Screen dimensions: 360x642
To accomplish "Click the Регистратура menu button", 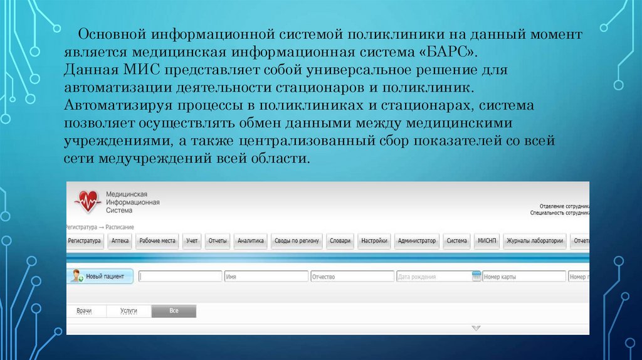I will (x=85, y=241).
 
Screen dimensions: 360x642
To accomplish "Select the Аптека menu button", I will (x=120, y=241).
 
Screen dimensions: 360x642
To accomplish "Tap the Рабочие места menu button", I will (x=158, y=241).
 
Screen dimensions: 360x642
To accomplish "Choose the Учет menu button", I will (x=192, y=241).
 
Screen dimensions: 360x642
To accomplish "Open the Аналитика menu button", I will (x=251, y=241).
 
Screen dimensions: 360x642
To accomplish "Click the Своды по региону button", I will (x=297, y=241).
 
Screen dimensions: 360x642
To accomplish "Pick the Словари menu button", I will (x=340, y=241).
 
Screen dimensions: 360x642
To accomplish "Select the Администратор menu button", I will (x=417, y=241).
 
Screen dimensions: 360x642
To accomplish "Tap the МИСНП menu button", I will (x=487, y=241).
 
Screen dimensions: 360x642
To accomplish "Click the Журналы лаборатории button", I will (x=535, y=241).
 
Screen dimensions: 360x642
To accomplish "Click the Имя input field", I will (x=266, y=277).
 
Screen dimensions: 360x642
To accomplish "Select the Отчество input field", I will (x=352, y=277).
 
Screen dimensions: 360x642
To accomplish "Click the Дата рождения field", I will (x=433, y=277).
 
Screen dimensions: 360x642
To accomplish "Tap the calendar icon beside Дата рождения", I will (x=476, y=277).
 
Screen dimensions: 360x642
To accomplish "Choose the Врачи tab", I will (x=85, y=310).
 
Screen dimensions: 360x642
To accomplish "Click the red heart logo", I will (x=87, y=201).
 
